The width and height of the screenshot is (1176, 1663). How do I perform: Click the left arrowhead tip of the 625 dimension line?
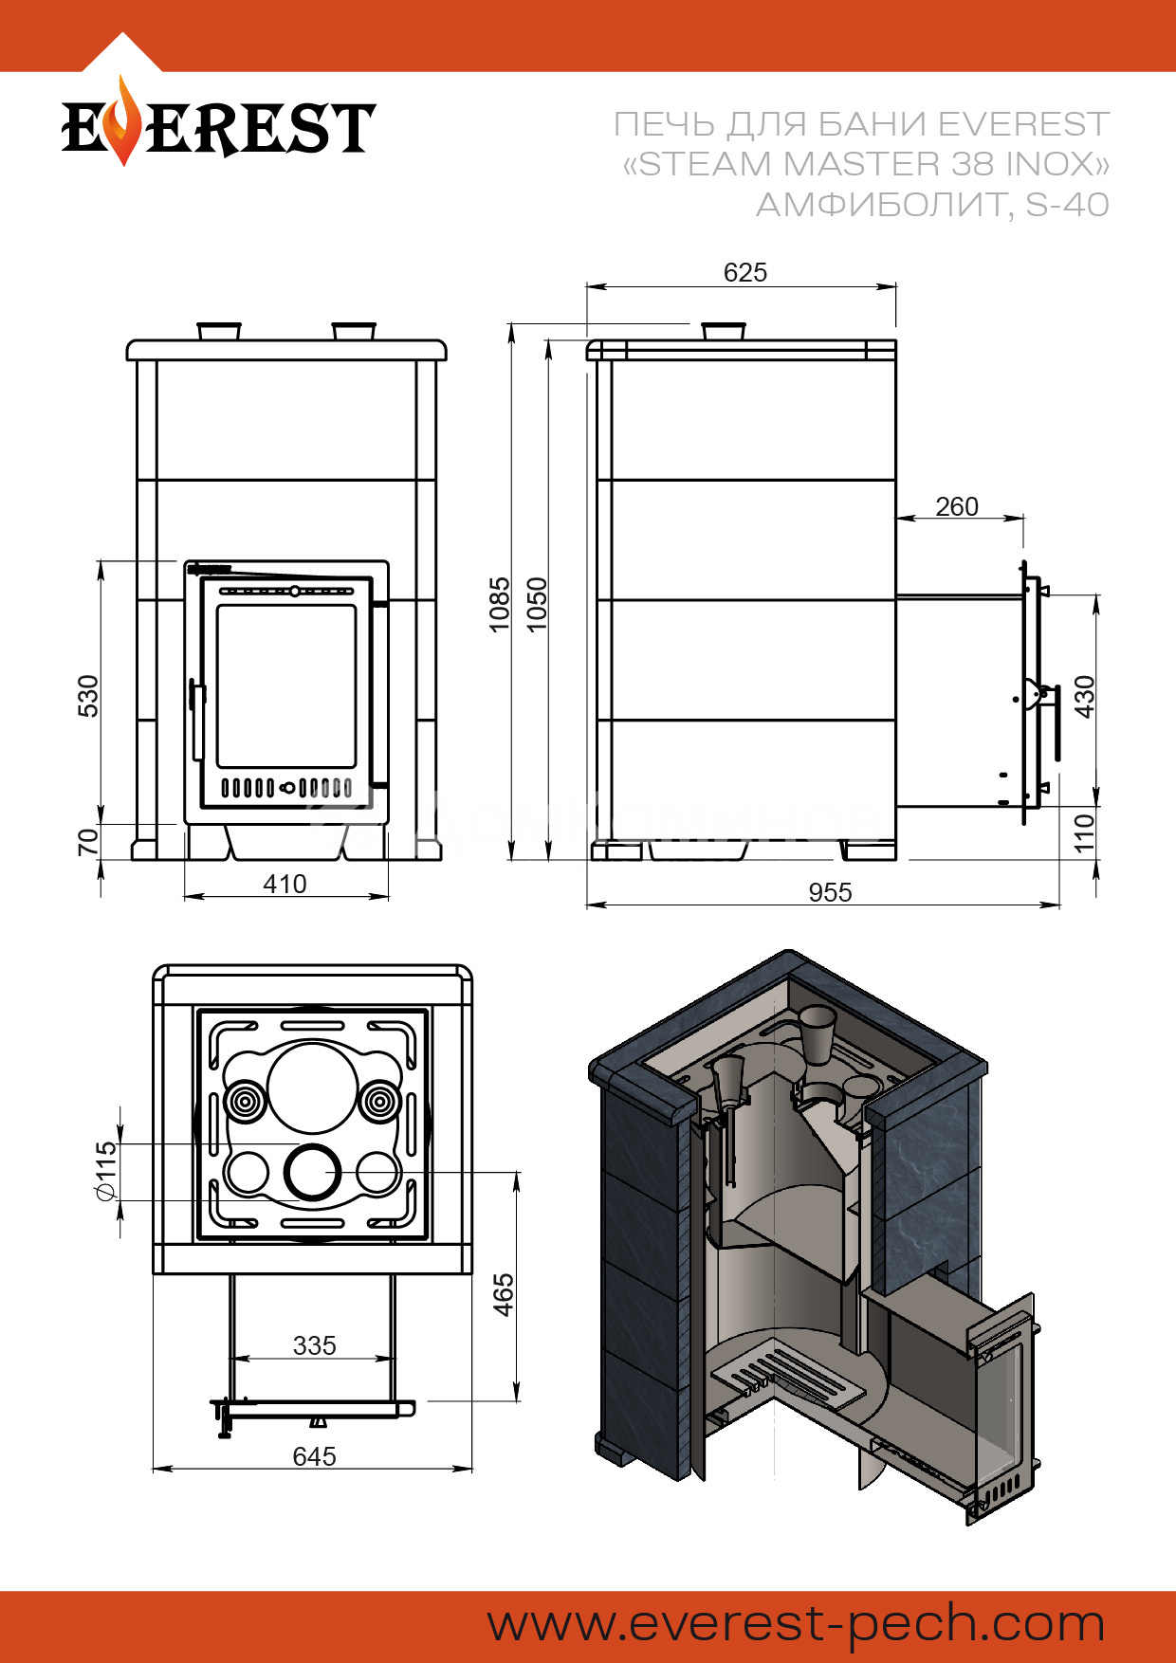click(587, 285)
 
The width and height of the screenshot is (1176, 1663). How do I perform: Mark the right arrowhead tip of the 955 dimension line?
click(1059, 905)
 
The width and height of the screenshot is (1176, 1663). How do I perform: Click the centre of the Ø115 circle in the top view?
click(312, 1172)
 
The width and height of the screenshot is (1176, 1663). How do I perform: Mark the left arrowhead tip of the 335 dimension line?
click(233, 1358)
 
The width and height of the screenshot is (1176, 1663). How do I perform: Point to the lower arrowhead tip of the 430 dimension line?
click(1097, 806)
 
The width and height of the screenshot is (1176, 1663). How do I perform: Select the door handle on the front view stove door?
click(196, 718)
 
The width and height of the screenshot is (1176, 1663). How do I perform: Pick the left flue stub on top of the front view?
click(219, 331)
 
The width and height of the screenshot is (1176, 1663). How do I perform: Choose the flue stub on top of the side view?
click(724, 331)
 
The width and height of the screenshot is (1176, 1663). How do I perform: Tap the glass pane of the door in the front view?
click(286, 685)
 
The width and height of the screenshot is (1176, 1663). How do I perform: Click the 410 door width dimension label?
click(285, 884)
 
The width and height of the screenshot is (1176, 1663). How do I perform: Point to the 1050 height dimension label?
click(537, 604)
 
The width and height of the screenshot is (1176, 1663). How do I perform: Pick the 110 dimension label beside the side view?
click(1084, 831)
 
